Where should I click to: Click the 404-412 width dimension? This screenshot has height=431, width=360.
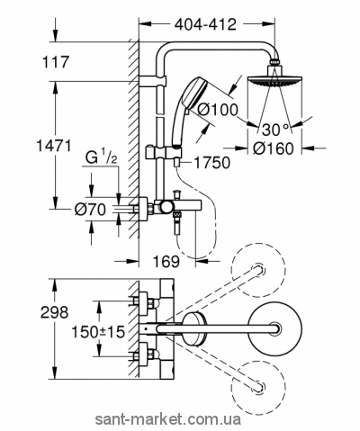tap(206, 24)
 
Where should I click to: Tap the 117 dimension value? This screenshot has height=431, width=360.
tap(55, 62)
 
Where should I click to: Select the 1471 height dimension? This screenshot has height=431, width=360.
tap(54, 146)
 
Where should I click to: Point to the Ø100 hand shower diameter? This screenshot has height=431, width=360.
tap(219, 110)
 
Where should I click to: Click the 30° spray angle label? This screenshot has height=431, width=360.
tap(276, 130)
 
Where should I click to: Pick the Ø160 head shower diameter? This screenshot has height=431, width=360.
tap(273, 148)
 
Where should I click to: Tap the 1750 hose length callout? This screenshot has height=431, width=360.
tap(212, 163)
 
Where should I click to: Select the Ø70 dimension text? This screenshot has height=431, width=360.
tap(90, 209)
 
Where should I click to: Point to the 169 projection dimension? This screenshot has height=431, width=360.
tap(166, 261)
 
